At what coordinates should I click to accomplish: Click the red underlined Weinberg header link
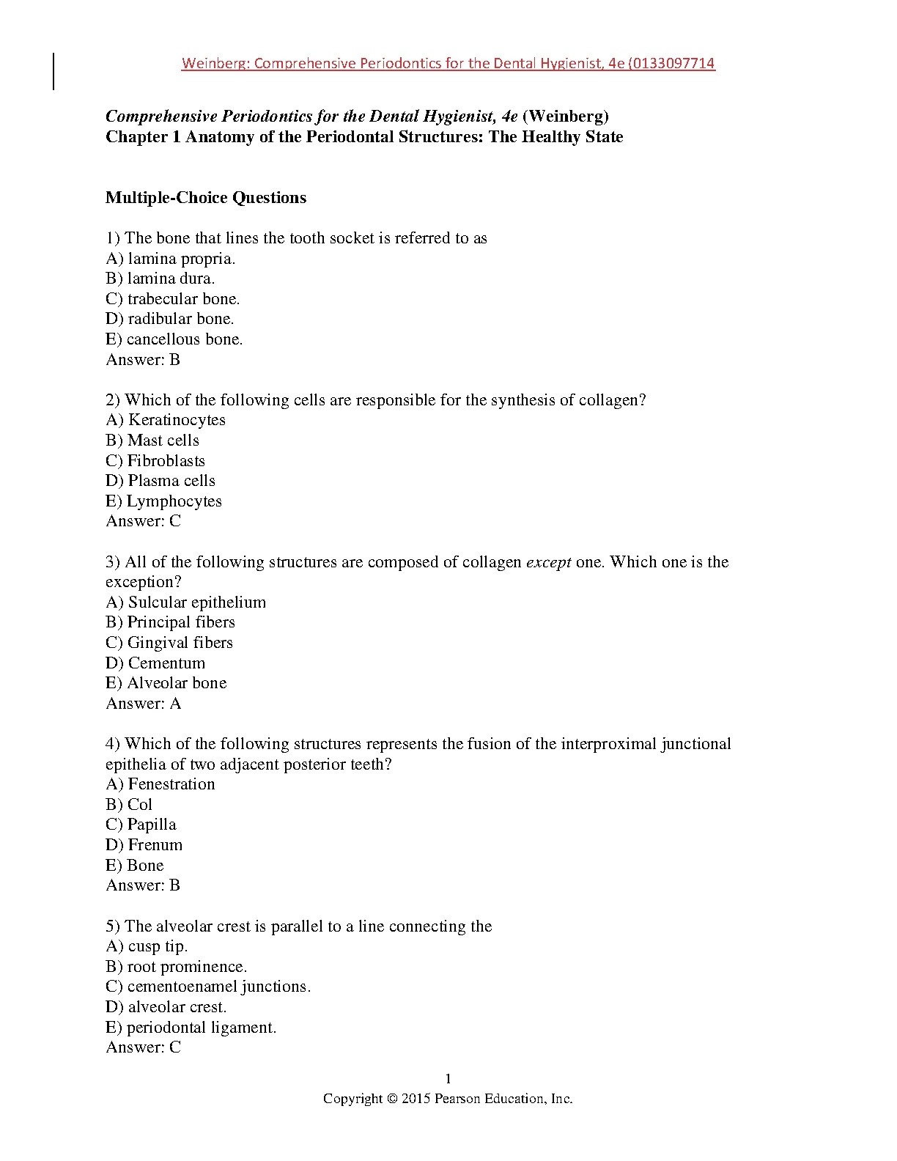click(448, 64)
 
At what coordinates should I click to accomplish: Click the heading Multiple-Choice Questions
click(206, 198)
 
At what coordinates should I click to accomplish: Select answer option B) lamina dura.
click(160, 279)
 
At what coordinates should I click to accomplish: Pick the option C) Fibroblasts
click(155, 461)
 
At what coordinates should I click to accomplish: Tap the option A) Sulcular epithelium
click(185, 602)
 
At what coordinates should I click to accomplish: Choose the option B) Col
click(129, 805)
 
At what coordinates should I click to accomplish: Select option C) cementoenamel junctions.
click(208, 987)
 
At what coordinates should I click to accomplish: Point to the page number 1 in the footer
click(448, 1079)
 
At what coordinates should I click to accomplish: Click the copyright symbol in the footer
click(392, 1099)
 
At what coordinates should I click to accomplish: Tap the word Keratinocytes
click(177, 420)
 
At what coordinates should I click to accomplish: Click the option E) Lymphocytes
click(163, 501)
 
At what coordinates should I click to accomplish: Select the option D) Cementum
click(155, 663)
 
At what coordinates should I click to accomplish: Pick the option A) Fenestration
click(160, 784)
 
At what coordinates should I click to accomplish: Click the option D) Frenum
click(144, 845)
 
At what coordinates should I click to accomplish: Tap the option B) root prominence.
click(176, 967)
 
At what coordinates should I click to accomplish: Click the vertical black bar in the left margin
click(53, 71)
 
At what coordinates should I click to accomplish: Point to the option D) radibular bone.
click(170, 319)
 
